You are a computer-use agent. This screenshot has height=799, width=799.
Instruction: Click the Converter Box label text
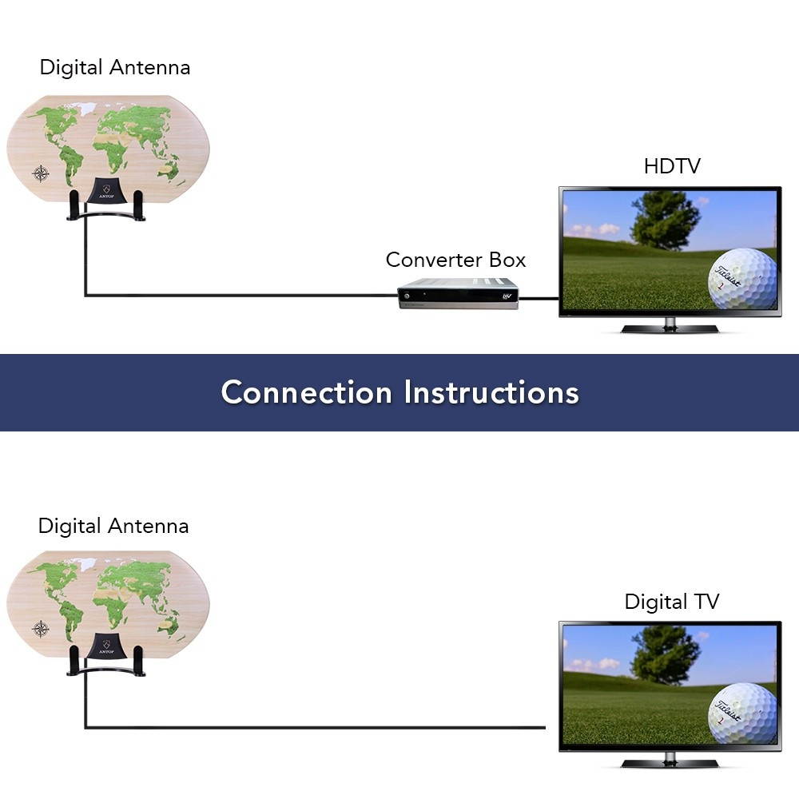pos(455,260)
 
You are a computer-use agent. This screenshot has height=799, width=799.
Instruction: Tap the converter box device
pos(458,293)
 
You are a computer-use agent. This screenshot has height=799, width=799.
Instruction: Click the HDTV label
pos(671,166)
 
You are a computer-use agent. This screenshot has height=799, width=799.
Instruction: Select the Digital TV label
pos(671,602)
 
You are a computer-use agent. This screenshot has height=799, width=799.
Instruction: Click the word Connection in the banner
pos(307,392)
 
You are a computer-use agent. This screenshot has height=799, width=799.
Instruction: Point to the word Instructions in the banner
pos(491,392)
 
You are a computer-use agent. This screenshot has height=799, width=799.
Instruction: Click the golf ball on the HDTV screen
pos(741,278)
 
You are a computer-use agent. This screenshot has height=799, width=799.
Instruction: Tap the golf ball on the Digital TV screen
pos(741,713)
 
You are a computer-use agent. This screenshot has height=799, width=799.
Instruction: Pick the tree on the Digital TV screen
pos(665,654)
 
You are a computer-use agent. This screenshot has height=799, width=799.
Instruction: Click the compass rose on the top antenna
pos(41,173)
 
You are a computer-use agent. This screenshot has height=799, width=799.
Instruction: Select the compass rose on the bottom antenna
pos(41,629)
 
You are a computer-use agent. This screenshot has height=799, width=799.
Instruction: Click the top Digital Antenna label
pos(115,67)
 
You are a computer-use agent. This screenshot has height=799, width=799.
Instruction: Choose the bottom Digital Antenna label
pos(113,526)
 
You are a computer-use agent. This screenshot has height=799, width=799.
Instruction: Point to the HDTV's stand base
pos(670,328)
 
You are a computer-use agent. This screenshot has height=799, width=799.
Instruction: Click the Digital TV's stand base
pos(670,763)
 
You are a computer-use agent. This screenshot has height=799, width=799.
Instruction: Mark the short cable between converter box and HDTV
pos(539,299)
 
